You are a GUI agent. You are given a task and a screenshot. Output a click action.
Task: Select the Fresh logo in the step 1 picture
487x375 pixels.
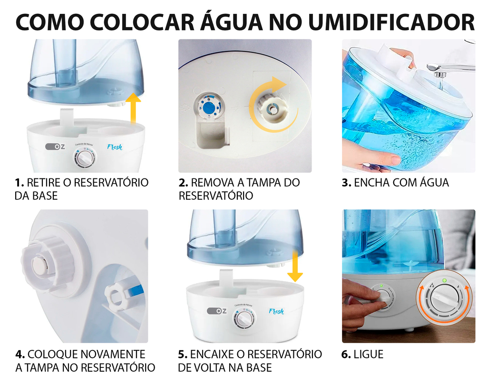(115, 147)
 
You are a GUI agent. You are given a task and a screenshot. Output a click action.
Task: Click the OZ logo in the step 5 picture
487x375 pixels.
(217, 311)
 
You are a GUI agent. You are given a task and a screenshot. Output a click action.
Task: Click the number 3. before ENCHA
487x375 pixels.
(346, 182)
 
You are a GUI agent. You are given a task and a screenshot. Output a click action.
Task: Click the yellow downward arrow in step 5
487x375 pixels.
(295, 266)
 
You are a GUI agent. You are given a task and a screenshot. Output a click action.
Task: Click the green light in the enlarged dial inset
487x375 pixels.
(444, 281)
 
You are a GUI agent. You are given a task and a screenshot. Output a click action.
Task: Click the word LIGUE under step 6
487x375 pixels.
(369, 354)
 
